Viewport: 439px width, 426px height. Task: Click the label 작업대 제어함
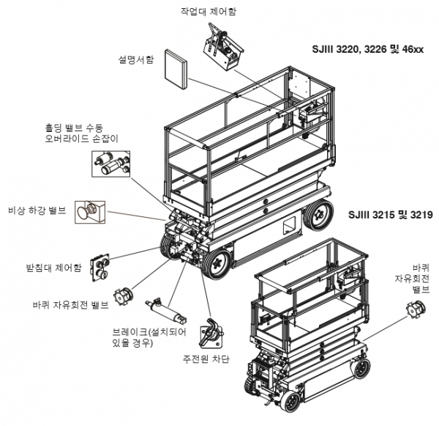tap(208, 11)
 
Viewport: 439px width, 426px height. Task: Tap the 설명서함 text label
tap(136, 59)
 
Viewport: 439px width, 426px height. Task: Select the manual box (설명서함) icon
tap(176, 70)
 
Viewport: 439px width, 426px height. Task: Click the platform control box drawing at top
tap(223, 47)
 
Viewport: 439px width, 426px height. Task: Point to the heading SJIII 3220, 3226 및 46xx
tap(368, 49)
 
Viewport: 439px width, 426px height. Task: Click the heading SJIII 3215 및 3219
tap(391, 215)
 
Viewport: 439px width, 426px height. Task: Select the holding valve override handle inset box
tap(111, 164)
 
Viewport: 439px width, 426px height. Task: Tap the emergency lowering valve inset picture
tap(90, 212)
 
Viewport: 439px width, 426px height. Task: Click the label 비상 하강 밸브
tap(37, 210)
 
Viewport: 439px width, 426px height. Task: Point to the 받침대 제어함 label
tap(53, 268)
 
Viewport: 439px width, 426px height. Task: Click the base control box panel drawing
tap(100, 268)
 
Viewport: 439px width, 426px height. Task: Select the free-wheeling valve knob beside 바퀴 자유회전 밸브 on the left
tap(124, 297)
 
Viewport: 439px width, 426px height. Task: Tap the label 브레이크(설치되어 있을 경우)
tap(149, 337)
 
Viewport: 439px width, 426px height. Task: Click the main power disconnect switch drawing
tap(211, 334)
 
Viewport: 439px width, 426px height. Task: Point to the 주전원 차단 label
tap(206, 359)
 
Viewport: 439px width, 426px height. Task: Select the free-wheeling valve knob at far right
tap(416, 309)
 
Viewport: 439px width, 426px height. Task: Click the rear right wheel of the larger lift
tap(319, 216)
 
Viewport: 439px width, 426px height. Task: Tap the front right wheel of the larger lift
tap(217, 264)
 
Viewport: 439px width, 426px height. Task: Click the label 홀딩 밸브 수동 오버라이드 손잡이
tap(81, 133)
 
